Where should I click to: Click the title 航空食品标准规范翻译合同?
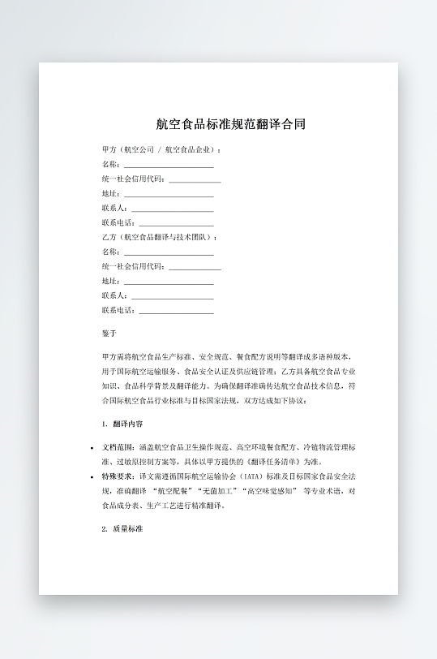click(x=231, y=125)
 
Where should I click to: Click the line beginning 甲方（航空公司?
click(x=162, y=149)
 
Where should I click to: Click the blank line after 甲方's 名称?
click(x=169, y=165)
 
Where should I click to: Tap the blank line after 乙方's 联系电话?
click(x=176, y=311)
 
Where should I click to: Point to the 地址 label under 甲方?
click(x=110, y=194)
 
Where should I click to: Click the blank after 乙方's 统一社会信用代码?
click(x=195, y=267)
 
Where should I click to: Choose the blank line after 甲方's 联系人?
click(x=172, y=209)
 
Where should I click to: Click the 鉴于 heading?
click(x=109, y=334)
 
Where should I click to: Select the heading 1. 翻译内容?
click(x=123, y=424)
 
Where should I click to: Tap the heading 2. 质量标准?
click(x=122, y=528)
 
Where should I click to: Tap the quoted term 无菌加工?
click(x=212, y=491)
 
